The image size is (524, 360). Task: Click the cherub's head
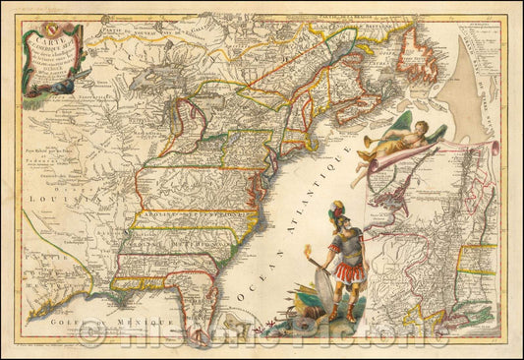pos(366,141)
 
